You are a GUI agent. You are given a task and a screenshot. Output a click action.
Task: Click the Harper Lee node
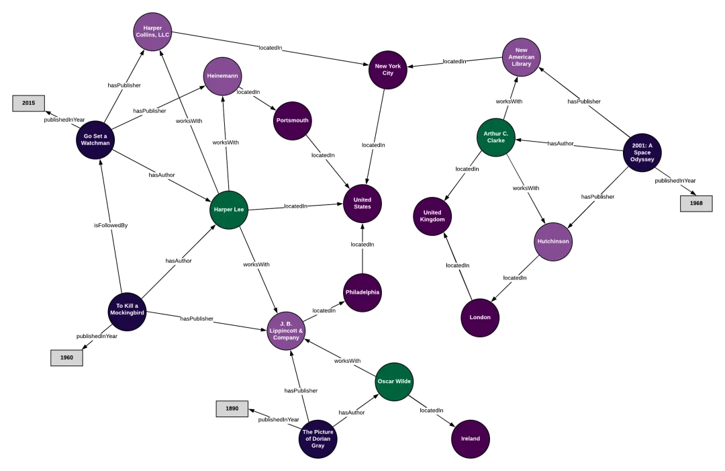point(229,210)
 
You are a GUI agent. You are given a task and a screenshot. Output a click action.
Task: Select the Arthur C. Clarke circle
point(496,138)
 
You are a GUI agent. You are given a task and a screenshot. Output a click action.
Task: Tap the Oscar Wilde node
point(394,382)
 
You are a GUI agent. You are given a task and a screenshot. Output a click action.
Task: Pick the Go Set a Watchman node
point(95,140)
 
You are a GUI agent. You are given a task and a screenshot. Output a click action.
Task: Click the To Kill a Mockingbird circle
point(127,312)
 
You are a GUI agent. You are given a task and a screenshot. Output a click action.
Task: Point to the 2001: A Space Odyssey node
point(642,153)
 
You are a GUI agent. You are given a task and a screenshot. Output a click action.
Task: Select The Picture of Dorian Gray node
point(318,439)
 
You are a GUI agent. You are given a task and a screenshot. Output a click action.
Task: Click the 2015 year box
point(29,103)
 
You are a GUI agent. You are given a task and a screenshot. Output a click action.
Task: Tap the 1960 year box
point(66,358)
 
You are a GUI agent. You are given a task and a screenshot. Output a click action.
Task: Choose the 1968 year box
point(696,204)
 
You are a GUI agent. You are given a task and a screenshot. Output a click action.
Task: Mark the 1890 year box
point(232,409)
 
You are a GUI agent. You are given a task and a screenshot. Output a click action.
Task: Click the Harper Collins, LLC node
point(152,32)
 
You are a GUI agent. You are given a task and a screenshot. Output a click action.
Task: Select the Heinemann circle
point(222,77)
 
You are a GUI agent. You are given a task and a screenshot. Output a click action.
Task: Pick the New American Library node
point(522,57)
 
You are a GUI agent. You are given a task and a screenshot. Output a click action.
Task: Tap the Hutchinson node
point(553,242)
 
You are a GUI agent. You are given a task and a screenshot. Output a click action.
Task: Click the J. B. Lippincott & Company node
point(287,331)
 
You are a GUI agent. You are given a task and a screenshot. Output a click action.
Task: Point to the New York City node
point(388,70)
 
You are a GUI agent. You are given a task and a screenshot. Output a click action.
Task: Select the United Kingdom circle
point(432,216)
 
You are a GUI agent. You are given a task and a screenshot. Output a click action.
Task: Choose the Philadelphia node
point(362,292)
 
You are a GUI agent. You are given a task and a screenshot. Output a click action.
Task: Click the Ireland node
point(471,439)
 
